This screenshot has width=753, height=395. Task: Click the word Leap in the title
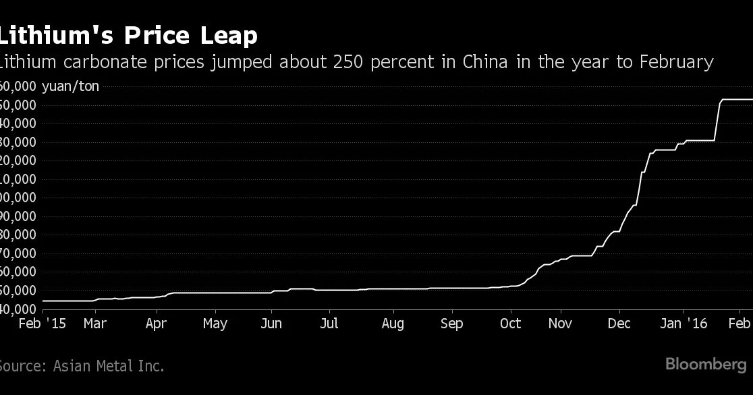[x=223, y=35]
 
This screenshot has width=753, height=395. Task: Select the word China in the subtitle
[x=482, y=63]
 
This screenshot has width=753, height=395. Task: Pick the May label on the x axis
[x=215, y=324]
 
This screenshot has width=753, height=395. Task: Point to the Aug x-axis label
[x=393, y=324]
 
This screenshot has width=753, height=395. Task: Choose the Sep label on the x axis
[x=451, y=324]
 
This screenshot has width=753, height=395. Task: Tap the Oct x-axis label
[x=510, y=324]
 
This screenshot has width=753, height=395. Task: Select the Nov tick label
[x=561, y=324]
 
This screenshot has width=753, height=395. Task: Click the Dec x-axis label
[x=618, y=324]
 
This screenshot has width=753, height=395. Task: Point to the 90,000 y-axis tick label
[x=20, y=216]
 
